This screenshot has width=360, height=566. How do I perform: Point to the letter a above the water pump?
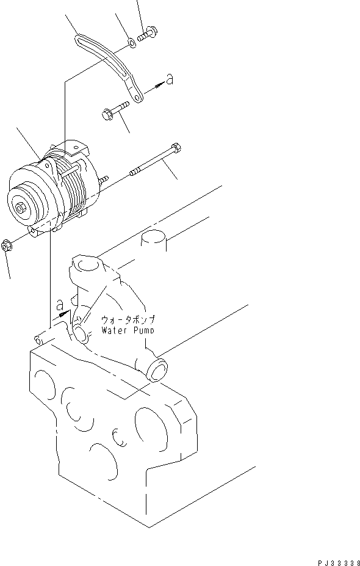pos(59,303)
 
